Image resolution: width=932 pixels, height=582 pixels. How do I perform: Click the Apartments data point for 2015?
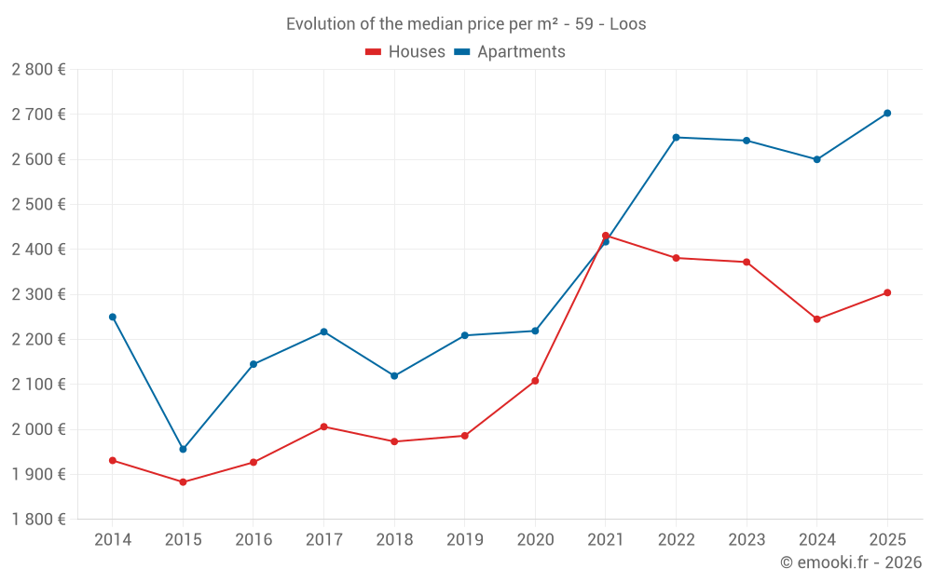[x=183, y=449]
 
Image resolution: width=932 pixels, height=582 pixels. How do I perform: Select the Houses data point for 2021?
[x=606, y=236]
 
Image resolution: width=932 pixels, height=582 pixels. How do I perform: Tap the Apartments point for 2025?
[x=887, y=114]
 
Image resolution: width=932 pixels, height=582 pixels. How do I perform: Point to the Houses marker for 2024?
[x=817, y=319]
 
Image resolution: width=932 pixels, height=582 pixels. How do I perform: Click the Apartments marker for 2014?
[x=113, y=317]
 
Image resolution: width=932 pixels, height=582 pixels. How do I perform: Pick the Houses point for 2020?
[x=535, y=381]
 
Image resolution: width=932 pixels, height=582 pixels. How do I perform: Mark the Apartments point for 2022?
[x=676, y=138]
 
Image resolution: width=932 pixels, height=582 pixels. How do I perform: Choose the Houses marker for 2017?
[x=323, y=426]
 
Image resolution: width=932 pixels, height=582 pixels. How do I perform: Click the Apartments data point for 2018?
[x=394, y=376]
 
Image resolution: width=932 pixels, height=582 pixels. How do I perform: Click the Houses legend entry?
[x=405, y=52]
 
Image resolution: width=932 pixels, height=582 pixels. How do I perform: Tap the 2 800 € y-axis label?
[x=38, y=70]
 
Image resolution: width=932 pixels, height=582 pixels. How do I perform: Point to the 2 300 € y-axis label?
[x=38, y=294]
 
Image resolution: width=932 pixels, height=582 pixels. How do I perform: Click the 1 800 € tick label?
[x=38, y=520]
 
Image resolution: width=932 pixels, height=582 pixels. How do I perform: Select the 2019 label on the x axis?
[x=464, y=539]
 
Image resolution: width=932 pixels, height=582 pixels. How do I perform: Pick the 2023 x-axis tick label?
[x=747, y=539]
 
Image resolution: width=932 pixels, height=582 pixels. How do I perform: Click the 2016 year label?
[x=254, y=539]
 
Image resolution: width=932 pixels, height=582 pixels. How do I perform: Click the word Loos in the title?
[x=628, y=24]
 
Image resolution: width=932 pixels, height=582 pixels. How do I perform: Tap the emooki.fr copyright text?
[x=851, y=562]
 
